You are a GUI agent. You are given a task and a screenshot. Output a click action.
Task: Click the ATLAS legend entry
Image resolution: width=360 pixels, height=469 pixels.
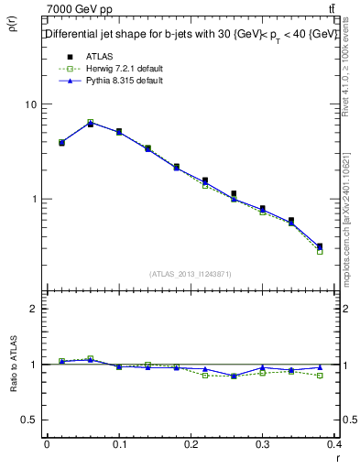(87, 57)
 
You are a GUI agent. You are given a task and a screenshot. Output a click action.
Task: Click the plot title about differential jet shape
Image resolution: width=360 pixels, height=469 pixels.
(190, 35)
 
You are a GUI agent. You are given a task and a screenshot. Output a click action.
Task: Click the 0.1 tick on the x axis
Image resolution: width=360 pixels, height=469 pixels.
(118, 444)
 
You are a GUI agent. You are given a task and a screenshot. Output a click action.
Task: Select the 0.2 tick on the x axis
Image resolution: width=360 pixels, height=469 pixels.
(191, 444)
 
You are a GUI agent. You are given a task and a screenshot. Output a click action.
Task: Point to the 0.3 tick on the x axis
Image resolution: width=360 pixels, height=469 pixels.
(263, 444)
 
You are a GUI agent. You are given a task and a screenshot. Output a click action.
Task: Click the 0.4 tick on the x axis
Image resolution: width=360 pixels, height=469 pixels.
(333, 444)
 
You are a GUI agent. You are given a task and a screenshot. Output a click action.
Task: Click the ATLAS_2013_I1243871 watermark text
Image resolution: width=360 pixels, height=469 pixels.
(191, 274)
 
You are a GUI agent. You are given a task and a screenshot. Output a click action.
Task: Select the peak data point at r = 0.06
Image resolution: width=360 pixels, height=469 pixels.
(90, 123)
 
